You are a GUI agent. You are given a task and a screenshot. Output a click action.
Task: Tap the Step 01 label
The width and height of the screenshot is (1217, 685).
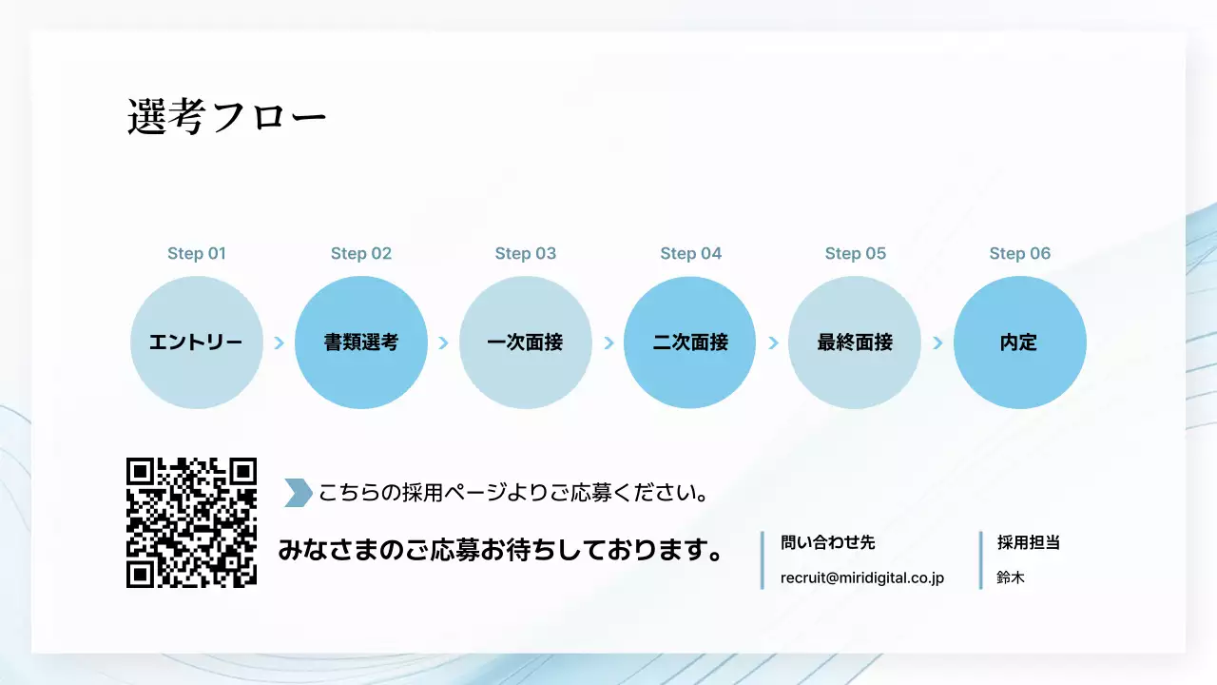(x=197, y=253)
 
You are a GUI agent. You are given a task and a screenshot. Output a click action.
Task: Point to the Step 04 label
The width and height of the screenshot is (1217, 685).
(x=691, y=253)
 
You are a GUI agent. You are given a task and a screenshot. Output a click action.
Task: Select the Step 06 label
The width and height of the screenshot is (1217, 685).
(x=1020, y=253)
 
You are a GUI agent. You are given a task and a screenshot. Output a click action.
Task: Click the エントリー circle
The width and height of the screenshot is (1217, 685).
(x=197, y=342)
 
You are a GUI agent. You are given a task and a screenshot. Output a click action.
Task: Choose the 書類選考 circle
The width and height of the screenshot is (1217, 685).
(x=361, y=342)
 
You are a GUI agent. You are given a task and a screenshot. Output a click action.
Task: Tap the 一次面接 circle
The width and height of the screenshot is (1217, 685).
(x=526, y=342)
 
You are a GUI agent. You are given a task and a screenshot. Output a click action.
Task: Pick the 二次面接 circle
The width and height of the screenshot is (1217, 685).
(x=690, y=342)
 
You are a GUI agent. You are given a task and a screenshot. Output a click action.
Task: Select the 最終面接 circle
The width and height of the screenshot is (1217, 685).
(x=855, y=342)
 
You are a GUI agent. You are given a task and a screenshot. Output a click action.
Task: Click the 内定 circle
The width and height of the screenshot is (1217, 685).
(x=1019, y=342)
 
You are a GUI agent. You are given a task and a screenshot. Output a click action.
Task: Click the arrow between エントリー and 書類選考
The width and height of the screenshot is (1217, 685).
(x=279, y=342)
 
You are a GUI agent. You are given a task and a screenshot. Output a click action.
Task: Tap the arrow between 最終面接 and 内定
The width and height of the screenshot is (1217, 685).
(x=937, y=342)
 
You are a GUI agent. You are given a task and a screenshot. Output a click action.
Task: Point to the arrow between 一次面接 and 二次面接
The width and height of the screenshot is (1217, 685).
(x=608, y=342)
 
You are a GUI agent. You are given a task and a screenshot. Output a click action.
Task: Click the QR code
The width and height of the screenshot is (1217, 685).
(x=192, y=522)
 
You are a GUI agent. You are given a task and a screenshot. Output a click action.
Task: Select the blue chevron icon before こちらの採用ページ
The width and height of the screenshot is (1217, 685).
(x=298, y=493)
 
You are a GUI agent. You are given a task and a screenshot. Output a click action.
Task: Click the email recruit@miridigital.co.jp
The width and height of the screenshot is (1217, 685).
(x=861, y=577)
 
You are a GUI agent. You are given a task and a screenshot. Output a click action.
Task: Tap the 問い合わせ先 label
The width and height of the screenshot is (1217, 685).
(x=827, y=542)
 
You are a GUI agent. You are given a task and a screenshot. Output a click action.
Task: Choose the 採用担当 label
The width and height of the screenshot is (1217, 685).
(x=1028, y=542)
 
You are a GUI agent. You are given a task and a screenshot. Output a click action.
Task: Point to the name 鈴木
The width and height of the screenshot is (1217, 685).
(x=1011, y=577)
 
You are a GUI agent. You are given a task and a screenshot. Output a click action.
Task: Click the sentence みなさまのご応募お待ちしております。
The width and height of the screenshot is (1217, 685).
(x=499, y=550)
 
